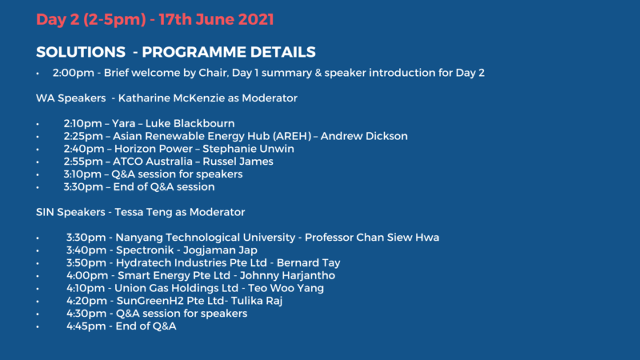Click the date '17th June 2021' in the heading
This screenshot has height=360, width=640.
coord(216,19)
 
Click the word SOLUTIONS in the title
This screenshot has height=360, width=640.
coord(81,52)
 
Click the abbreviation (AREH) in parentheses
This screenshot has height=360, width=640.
coord(292,136)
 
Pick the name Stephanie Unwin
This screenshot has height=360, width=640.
coord(248,149)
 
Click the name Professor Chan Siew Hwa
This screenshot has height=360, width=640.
coord(372,237)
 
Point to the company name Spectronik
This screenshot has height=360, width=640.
coord(145,250)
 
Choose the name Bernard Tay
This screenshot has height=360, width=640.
coord(309,263)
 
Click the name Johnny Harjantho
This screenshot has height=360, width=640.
coord(287,275)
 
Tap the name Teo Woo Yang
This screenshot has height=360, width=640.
coord(286,288)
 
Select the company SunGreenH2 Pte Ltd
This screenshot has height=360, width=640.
coord(170,301)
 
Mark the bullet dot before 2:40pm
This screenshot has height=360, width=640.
coord(38,150)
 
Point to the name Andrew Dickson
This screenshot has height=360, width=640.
coord(364,136)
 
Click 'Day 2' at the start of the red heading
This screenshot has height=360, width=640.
coord(58,19)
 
